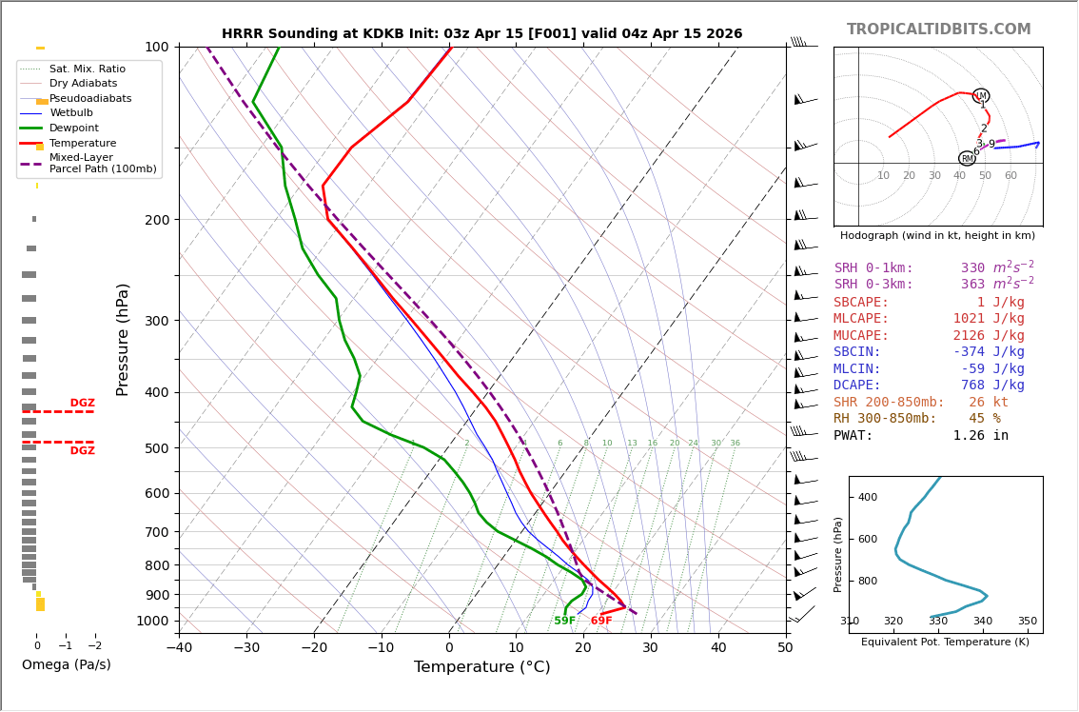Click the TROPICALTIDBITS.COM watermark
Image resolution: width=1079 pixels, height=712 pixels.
(938, 30)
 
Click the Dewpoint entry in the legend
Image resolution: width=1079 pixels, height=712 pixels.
(73, 129)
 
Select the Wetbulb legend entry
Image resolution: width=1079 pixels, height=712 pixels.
(71, 113)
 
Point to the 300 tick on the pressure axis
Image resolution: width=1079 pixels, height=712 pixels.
(156, 321)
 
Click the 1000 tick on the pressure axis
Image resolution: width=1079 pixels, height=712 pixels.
(152, 621)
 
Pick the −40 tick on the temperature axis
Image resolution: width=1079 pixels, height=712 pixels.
(180, 648)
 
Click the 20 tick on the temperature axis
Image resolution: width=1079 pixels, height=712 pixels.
(583, 648)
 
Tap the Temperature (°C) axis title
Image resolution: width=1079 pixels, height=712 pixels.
(481, 667)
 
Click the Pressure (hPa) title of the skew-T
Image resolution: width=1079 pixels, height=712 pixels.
(123, 339)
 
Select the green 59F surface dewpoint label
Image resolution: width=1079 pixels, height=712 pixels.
(564, 622)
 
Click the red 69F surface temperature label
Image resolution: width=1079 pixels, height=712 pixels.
(601, 622)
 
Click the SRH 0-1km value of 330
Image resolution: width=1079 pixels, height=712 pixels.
(972, 268)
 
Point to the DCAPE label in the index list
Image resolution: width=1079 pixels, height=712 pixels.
(857, 386)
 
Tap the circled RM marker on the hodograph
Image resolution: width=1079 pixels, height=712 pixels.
(967, 159)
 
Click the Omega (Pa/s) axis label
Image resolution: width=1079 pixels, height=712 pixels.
(67, 665)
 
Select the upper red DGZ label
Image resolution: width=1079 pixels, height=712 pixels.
(82, 404)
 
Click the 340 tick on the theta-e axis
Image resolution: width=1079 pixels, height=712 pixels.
(983, 622)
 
